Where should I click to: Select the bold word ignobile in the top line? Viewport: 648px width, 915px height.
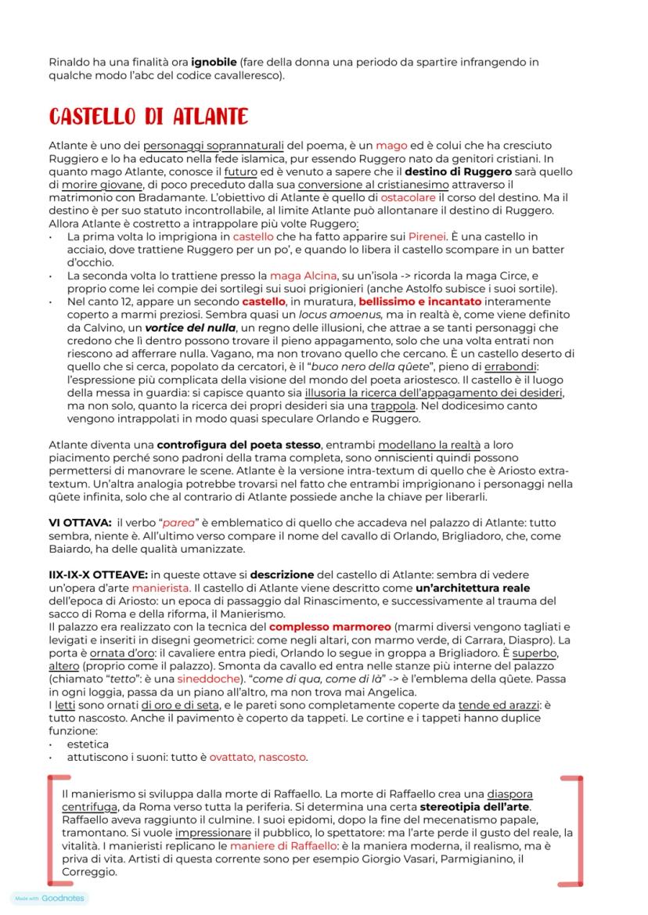tap(214, 61)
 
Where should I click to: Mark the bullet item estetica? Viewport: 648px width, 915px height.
tap(88, 744)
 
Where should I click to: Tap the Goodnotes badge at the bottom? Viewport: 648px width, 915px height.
tap(50, 899)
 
